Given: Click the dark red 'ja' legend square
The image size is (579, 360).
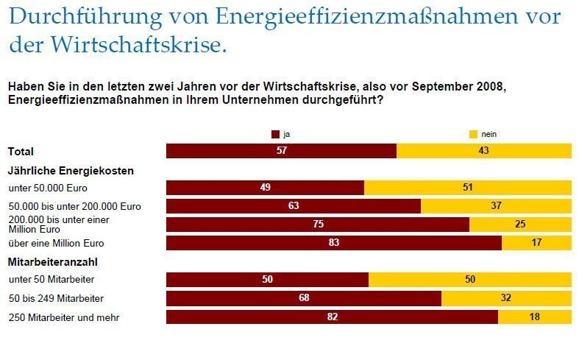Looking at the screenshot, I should point(276,134).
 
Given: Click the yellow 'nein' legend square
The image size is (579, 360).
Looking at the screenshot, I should point(473,134).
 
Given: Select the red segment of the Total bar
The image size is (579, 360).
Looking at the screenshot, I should point(281,151).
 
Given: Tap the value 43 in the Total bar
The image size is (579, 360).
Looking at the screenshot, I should point(483,151).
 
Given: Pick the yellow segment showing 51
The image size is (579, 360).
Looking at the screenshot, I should point(467,188).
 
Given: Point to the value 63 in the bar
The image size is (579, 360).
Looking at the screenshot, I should point(294,206).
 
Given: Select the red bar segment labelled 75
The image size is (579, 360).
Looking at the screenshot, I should point(317,225).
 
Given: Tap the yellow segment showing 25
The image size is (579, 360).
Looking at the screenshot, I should point(519,225).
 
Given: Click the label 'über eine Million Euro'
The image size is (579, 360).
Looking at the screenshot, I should point(56,243).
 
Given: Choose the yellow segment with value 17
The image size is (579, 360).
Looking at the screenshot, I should point(536,243).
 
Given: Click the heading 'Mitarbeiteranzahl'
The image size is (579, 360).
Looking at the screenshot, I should point(52,261).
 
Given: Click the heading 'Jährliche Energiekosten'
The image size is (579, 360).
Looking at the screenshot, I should point(71,170).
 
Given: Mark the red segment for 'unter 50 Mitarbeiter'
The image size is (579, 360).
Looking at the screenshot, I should point(267,280).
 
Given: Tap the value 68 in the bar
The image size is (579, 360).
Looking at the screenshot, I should point(304,298).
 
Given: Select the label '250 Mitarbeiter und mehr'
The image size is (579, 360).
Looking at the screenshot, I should point(63,317).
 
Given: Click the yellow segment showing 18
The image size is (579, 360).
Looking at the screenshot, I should point(534,317).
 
